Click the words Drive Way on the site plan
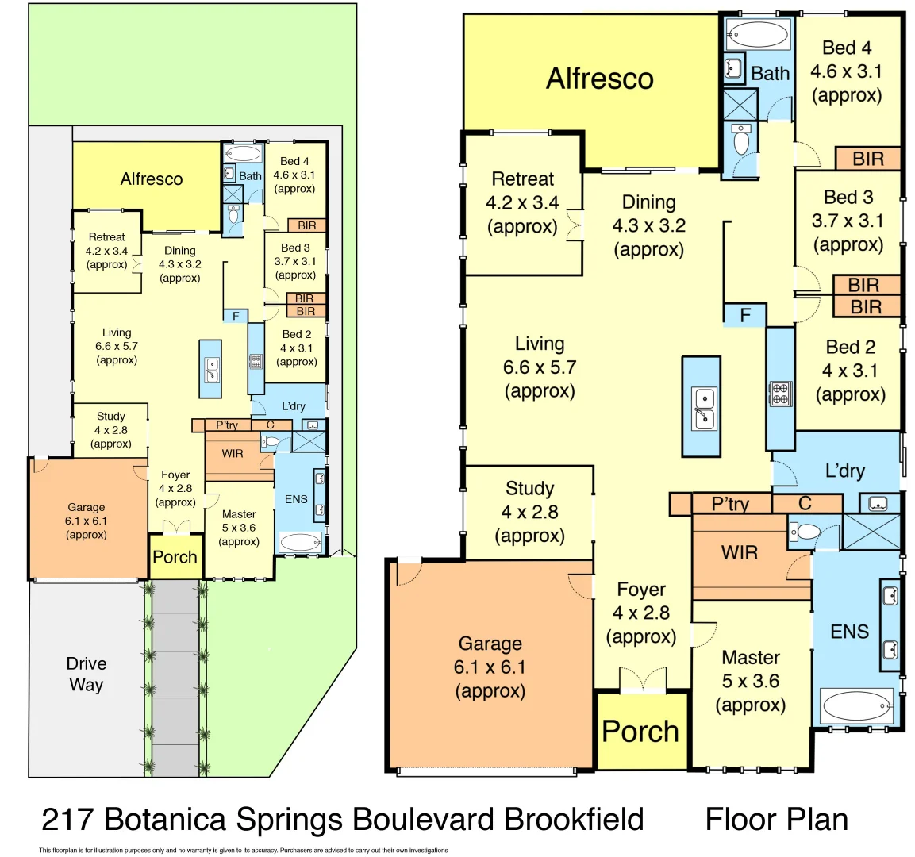[x=86, y=674]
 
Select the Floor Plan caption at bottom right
[x=776, y=819]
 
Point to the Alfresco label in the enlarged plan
[x=599, y=79]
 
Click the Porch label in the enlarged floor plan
[x=640, y=732]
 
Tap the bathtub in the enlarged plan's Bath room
[x=757, y=35]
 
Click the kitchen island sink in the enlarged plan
[x=702, y=408]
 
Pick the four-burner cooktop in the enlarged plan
[x=780, y=394]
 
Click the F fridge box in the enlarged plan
[x=744, y=315]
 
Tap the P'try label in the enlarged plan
[x=729, y=503]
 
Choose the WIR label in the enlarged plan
[x=739, y=552]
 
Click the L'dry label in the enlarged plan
[x=844, y=471]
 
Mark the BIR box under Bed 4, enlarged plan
[x=867, y=159]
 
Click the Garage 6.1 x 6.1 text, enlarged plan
[x=490, y=667]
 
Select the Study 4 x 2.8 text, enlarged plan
[x=529, y=512]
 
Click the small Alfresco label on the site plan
[x=151, y=179]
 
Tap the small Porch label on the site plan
[x=175, y=557]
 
